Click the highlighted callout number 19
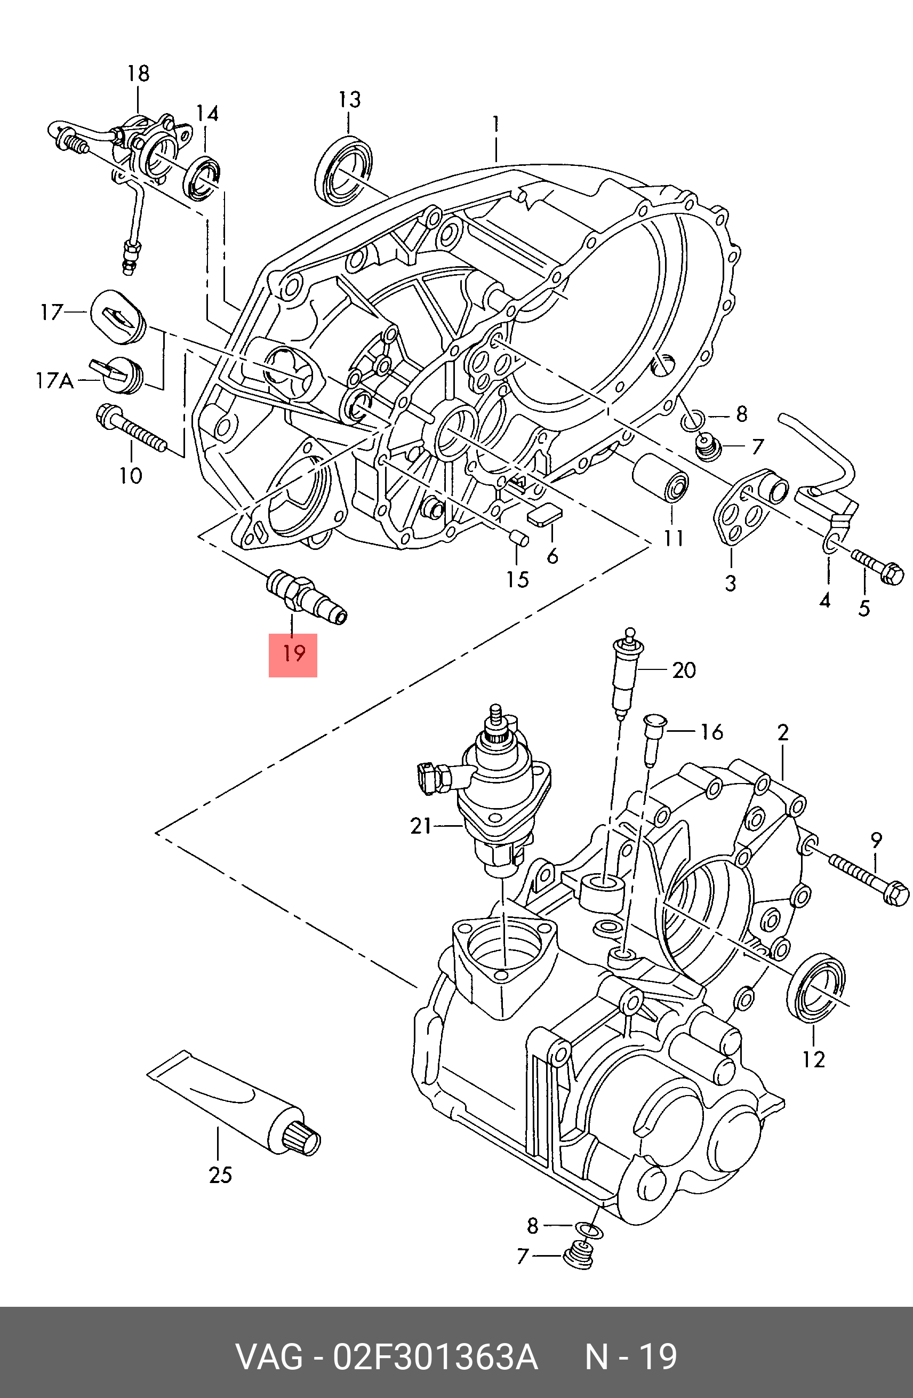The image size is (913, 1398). [x=293, y=654]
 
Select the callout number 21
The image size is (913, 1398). [x=421, y=826]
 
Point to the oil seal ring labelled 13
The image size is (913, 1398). [x=345, y=170]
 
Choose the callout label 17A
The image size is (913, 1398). [x=54, y=381]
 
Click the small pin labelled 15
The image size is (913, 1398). [x=518, y=538]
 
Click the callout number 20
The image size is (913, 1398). [x=684, y=669]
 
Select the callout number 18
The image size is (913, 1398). [x=139, y=74]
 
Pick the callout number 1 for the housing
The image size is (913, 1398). [x=496, y=123]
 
